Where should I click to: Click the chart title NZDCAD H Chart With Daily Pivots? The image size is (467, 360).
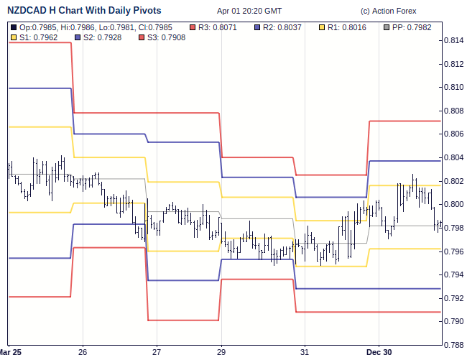pyautogui.click(x=84, y=11)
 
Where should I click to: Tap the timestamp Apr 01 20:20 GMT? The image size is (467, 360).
pyautogui.click(x=249, y=11)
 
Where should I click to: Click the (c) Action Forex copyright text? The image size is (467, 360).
pyautogui.click(x=388, y=11)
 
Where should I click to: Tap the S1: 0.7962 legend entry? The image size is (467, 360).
pyautogui.click(x=34, y=37)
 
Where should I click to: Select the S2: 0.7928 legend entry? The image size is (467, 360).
pyautogui.click(x=98, y=37)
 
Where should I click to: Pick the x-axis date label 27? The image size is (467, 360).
pyautogui.click(x=157, y=352)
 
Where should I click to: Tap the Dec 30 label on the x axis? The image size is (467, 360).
pyautogui.click(x=379, y=352)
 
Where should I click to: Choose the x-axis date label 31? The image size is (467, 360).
pyautogui.click(x=305, y=352)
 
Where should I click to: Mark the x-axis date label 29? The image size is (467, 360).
pyautogui.click(x=221, y=352)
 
